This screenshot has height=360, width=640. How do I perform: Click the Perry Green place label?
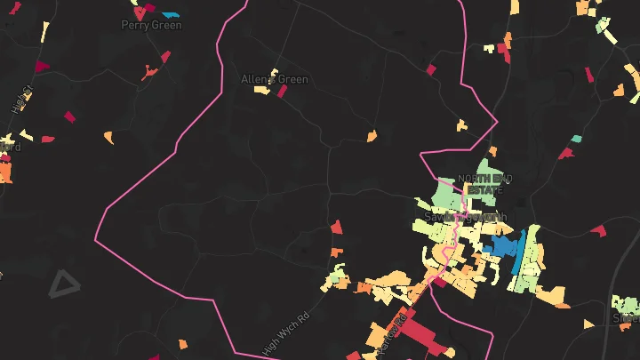pyautogui.click(x=151, y=25)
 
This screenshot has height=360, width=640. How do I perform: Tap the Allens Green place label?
pyautogui.click(x=275, y=79)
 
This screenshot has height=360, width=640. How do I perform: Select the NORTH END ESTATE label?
pyautogui.click(x=480, y=184)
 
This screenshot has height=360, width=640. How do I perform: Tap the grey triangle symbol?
pyautogui.click(x=63, y=284)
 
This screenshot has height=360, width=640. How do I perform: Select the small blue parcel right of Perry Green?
pyautogui.click(x=171, y=15)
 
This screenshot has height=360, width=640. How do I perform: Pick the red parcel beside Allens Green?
pyautogui.click(x=283, y=92)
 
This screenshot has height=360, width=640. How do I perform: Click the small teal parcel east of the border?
pyautogui.click(x=576, y=139)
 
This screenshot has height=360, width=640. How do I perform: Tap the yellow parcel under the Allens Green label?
pyautogui.click(x=262, y=88)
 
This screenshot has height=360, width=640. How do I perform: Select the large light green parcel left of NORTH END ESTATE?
pyautogui.click(x=447, y=195)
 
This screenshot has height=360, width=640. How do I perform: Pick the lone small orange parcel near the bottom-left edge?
pyautogui.click(x=182, y=343)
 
